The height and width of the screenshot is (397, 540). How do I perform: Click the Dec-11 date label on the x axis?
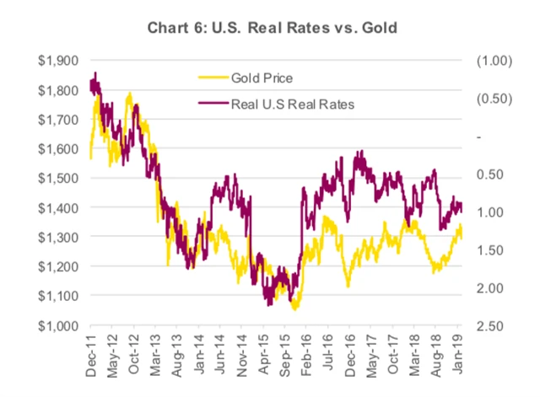90,352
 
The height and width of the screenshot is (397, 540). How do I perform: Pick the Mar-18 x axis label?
418,352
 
